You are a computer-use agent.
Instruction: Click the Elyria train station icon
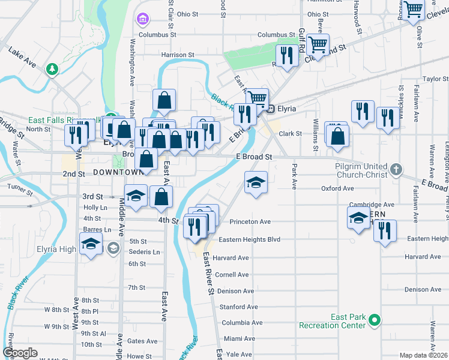click(271, 109)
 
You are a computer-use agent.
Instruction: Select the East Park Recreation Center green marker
click(375, 320)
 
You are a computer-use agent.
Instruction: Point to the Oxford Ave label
click(337, 188)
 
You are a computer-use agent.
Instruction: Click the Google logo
click(20, 353)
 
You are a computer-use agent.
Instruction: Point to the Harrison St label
click(178, 55)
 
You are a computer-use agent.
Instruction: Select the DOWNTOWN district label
click(116, 172)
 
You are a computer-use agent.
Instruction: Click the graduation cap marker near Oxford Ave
click(256, 182)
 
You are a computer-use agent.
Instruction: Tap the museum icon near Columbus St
click(143, 20)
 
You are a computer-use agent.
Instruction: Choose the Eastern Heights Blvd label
click(250, 239)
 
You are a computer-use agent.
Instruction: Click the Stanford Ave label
click(234, 307)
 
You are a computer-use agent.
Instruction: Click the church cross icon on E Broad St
click(396, 170)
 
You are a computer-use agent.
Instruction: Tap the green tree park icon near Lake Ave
click(53, 69)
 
